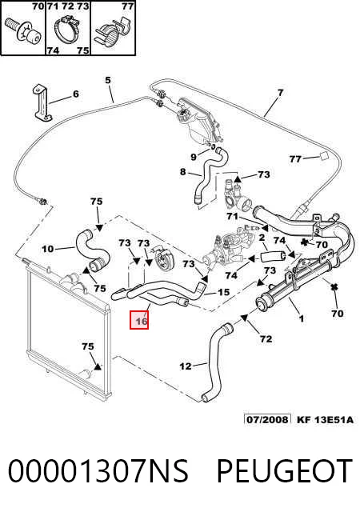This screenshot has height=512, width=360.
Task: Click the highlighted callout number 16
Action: coord(142,322)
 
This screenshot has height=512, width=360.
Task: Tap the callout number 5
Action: coord(108,80)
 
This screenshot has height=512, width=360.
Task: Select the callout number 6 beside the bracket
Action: coord(76,94)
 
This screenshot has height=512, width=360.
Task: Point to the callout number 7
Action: coord(280,93)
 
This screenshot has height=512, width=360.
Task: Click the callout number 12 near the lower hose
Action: coord(186,366)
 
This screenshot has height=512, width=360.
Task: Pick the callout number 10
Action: coord(48,249)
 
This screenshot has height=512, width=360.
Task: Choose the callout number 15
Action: coord(223,292)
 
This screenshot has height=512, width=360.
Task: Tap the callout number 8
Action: coord(182,172)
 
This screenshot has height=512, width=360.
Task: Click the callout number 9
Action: coord(194,157)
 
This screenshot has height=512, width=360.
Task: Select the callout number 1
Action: coord(302,318)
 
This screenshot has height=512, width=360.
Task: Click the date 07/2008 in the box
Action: coord(267,419)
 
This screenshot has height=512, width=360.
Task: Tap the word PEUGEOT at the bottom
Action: coord(284,470)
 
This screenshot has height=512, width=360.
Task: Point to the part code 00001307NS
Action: coord(98,470)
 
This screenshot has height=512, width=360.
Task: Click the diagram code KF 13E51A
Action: coord(325,419)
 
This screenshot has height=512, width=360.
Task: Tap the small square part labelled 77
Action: coord(322,157)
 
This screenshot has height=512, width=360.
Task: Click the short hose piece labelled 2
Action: coord(273,257)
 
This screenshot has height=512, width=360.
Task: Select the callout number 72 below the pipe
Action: coord(266,339)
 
